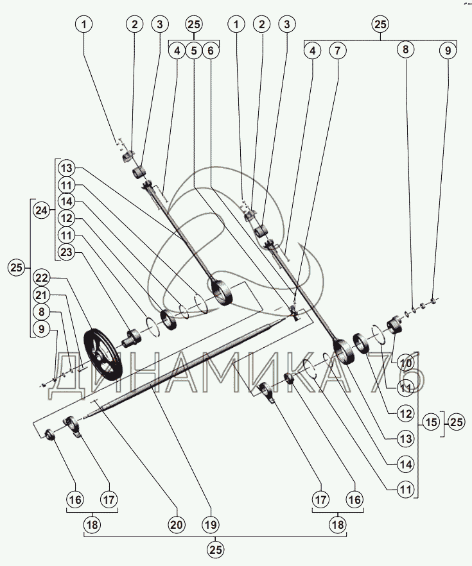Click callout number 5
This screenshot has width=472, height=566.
(x=194, y=51)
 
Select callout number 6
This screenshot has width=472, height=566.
(x=211, y=51)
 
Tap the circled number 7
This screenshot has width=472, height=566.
(x=337, y=51)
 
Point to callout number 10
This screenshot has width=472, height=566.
(x=406, y=363)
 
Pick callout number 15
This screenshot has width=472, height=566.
(x=431, y=422)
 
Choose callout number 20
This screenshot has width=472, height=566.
(x=177, y=524)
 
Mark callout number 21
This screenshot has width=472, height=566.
(x=42, y=295)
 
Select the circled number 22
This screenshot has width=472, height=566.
(x=42, y=278)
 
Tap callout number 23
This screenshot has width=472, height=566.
(x=66, y=252)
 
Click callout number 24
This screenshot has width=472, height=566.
(x=41, y=210)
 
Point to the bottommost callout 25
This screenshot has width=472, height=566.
(x=215, y=550)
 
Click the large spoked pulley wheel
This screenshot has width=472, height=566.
(x=103, y=354)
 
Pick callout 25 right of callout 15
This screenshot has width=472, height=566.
(x=456, y=422)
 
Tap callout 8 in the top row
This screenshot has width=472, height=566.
(x=406, y=49)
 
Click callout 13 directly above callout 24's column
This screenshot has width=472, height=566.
(x=66, y=168)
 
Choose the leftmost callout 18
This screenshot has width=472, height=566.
(x=92, y=524)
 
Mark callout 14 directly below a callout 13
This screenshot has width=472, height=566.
(x=406, y=465)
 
